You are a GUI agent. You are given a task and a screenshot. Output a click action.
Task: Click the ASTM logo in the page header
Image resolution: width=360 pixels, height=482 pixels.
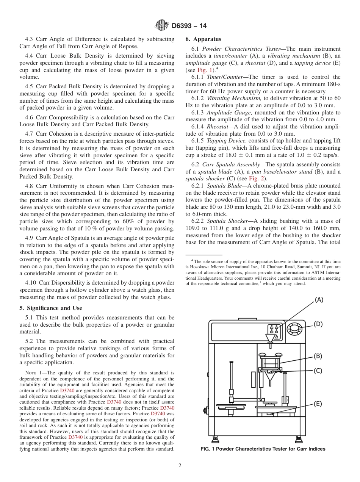point(162,26)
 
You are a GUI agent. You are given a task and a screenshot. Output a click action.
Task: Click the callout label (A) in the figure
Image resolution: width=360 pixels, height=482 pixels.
point(319,300)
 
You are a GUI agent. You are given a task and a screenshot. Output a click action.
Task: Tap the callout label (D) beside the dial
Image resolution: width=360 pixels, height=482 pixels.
point(318,324)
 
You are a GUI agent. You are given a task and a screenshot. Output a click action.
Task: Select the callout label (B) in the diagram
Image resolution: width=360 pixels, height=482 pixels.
point(318,356)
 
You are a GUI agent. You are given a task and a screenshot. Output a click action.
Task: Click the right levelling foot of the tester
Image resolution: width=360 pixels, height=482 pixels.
point(299,439)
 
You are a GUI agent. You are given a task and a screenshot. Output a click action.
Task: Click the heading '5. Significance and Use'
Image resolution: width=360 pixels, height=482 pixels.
point(51,308)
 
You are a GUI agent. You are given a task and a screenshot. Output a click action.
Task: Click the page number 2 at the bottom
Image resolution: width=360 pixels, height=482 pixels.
point(180,466)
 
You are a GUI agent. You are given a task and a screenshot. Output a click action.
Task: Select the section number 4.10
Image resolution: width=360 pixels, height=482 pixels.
point(31,283)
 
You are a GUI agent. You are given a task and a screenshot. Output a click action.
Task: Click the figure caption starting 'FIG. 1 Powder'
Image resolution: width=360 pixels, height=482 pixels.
point(263,449)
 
